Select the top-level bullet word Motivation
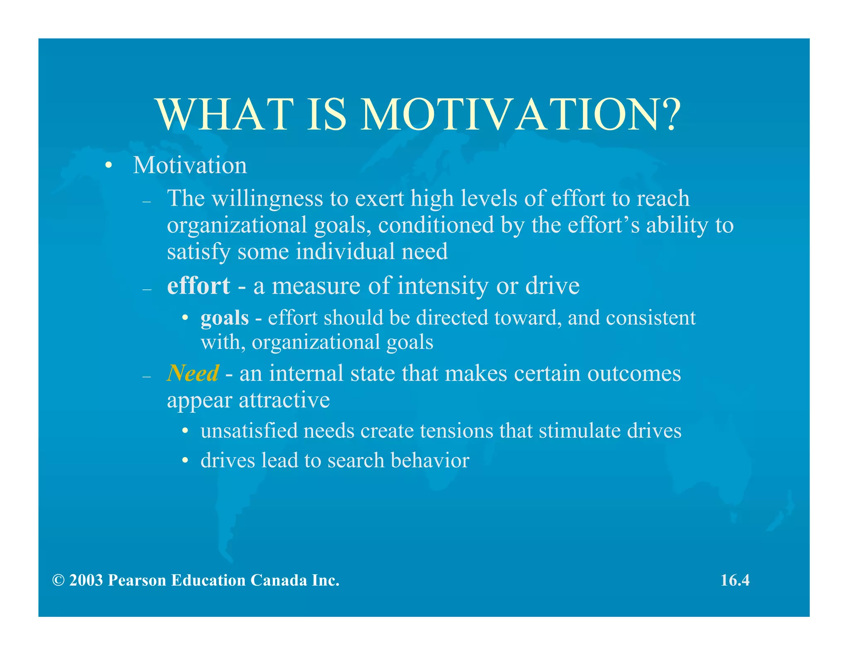pyautogui.click(x=190, y=165)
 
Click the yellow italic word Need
pyautogui.click(x=193, y=373)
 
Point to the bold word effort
pyautogui.click(x=198, y=286)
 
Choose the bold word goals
pyautogui.click(x=224, y=318)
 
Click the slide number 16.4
pyautogui.click(x=735, y=580)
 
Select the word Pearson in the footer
pyautogui.click(x=137, y=580)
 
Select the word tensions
pyautogui.click(x=456, y=431)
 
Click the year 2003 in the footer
pyautogui.click(x=86, y=580)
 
